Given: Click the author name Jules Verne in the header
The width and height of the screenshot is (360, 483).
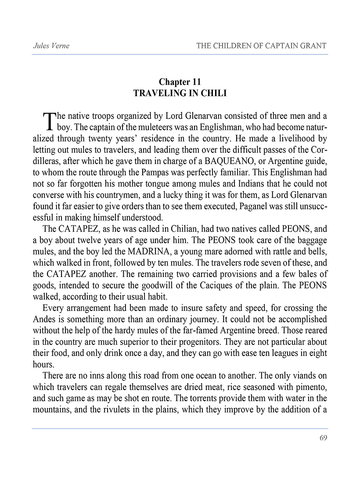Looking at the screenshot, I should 51,46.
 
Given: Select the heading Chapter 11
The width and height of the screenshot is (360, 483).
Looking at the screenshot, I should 180,82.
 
